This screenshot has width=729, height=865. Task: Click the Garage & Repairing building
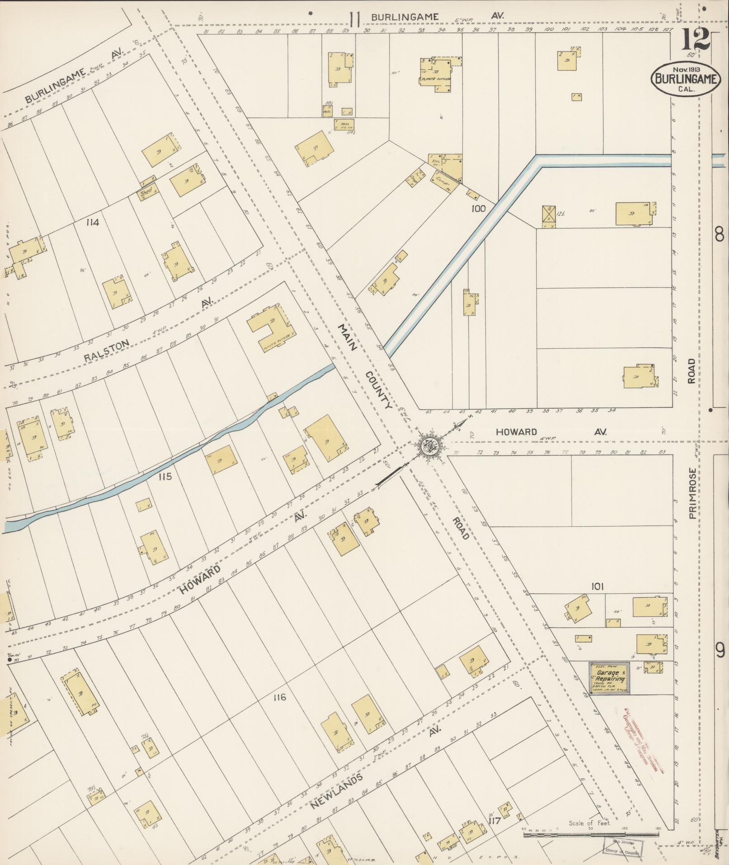610,678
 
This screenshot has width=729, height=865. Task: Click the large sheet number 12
695,42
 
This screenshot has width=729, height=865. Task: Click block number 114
94,222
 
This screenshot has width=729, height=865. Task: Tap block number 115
165,476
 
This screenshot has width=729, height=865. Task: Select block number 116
280,697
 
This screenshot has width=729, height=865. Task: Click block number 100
478,208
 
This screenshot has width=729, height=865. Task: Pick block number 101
597,586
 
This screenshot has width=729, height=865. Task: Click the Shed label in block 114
146,191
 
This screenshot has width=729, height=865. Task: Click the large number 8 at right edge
720,235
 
